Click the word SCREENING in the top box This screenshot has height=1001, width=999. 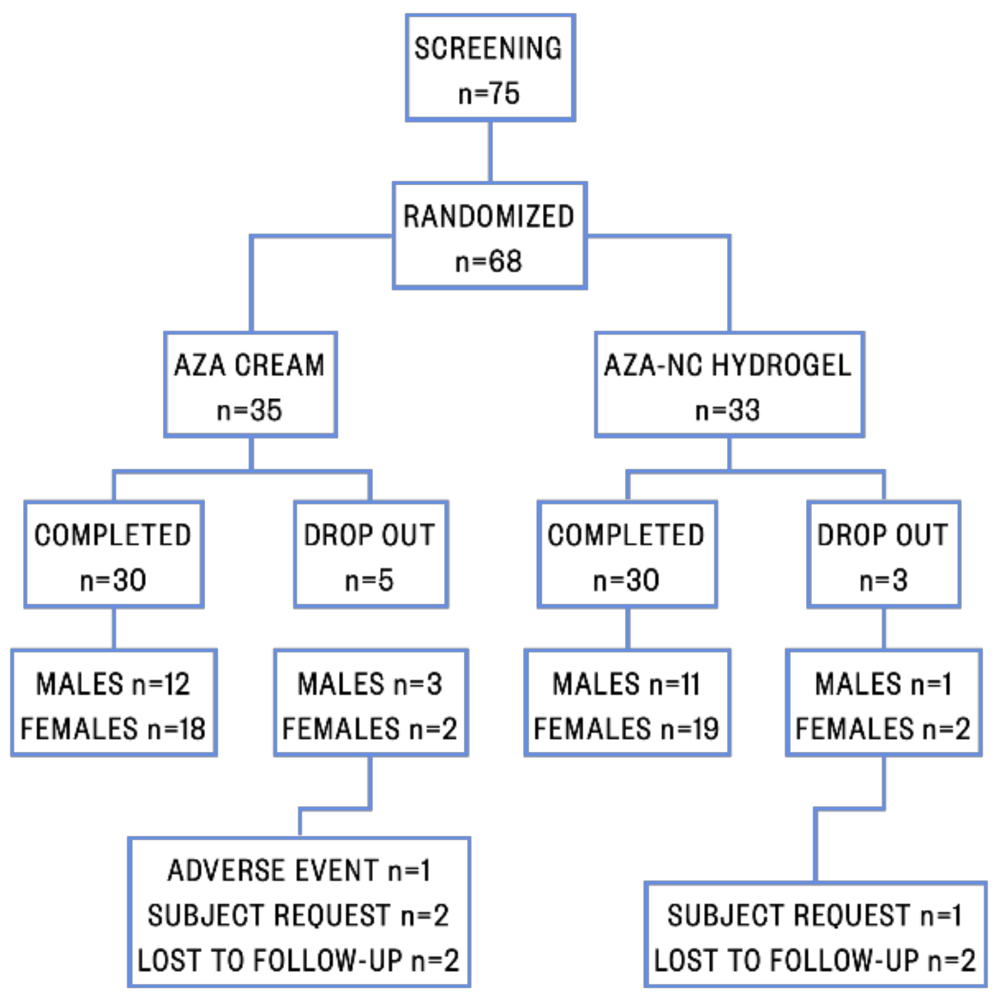(x=487, y=48)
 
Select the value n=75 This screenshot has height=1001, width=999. (x=489, y=93)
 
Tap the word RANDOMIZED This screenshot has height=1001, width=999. (x=489, y=216)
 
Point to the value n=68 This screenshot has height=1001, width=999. (x=489, y=262)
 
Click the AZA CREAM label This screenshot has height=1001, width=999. (x=249, y=365)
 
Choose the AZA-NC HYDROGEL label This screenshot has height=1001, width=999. (x=728, y=365)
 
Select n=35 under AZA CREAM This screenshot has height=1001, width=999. (x=249, y=411)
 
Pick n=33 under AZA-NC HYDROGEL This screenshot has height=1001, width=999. (x=728, y=411)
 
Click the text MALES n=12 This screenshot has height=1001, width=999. (x=113, y=684)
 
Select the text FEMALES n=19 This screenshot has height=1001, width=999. (x=626, y=729)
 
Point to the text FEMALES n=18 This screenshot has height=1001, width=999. (x=113, y=729)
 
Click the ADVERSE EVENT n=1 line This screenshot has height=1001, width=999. (x=299, y=871)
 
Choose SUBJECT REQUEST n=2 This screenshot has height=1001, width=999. (x=299, y=915)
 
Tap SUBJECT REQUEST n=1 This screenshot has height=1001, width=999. (x=814, y=915)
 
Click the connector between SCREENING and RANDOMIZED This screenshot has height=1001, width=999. (x=490, y=151)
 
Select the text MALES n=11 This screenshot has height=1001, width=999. (x=626, y=684)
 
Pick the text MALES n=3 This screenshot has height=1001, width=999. (x=370, y=684)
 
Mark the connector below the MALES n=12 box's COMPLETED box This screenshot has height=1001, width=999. (x=113, y=628)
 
